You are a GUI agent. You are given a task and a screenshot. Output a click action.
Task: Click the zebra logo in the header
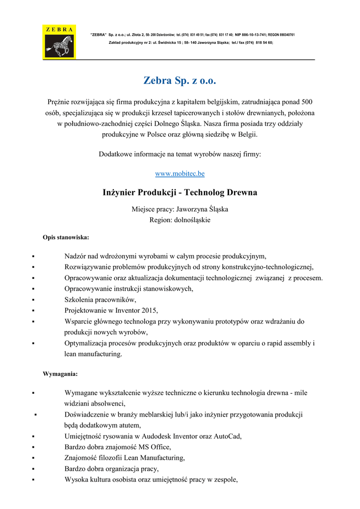(x=59, y=42)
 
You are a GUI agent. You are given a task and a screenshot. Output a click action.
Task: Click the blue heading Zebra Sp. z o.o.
(x=180, y=81)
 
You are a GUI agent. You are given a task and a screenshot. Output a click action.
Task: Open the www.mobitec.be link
(x=180, y=173)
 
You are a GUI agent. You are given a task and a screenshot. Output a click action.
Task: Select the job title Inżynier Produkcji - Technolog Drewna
(x=180, y=192)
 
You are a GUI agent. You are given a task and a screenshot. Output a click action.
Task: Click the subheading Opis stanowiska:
(x=66, y=237)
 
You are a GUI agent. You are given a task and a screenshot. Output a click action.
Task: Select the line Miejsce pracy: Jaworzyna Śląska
(x=180, y=209)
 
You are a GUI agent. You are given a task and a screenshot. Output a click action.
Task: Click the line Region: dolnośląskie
(x=180, y=220)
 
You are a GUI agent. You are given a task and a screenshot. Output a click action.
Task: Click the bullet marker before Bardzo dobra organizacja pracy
(x=32, y=469)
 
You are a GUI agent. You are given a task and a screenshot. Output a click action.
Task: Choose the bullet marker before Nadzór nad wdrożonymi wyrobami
(x=32, y=256)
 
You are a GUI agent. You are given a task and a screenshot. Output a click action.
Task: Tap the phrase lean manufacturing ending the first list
(x=93, y=354)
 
